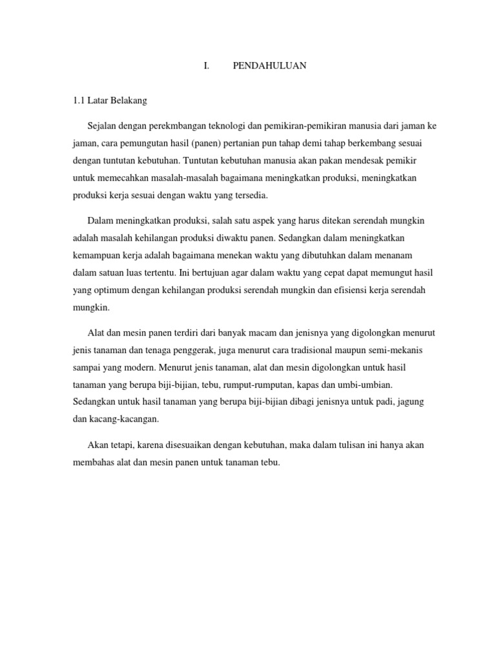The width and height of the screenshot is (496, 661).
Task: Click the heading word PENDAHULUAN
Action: coord(269,66)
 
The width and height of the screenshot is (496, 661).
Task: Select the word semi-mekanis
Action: coord(396,350)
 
